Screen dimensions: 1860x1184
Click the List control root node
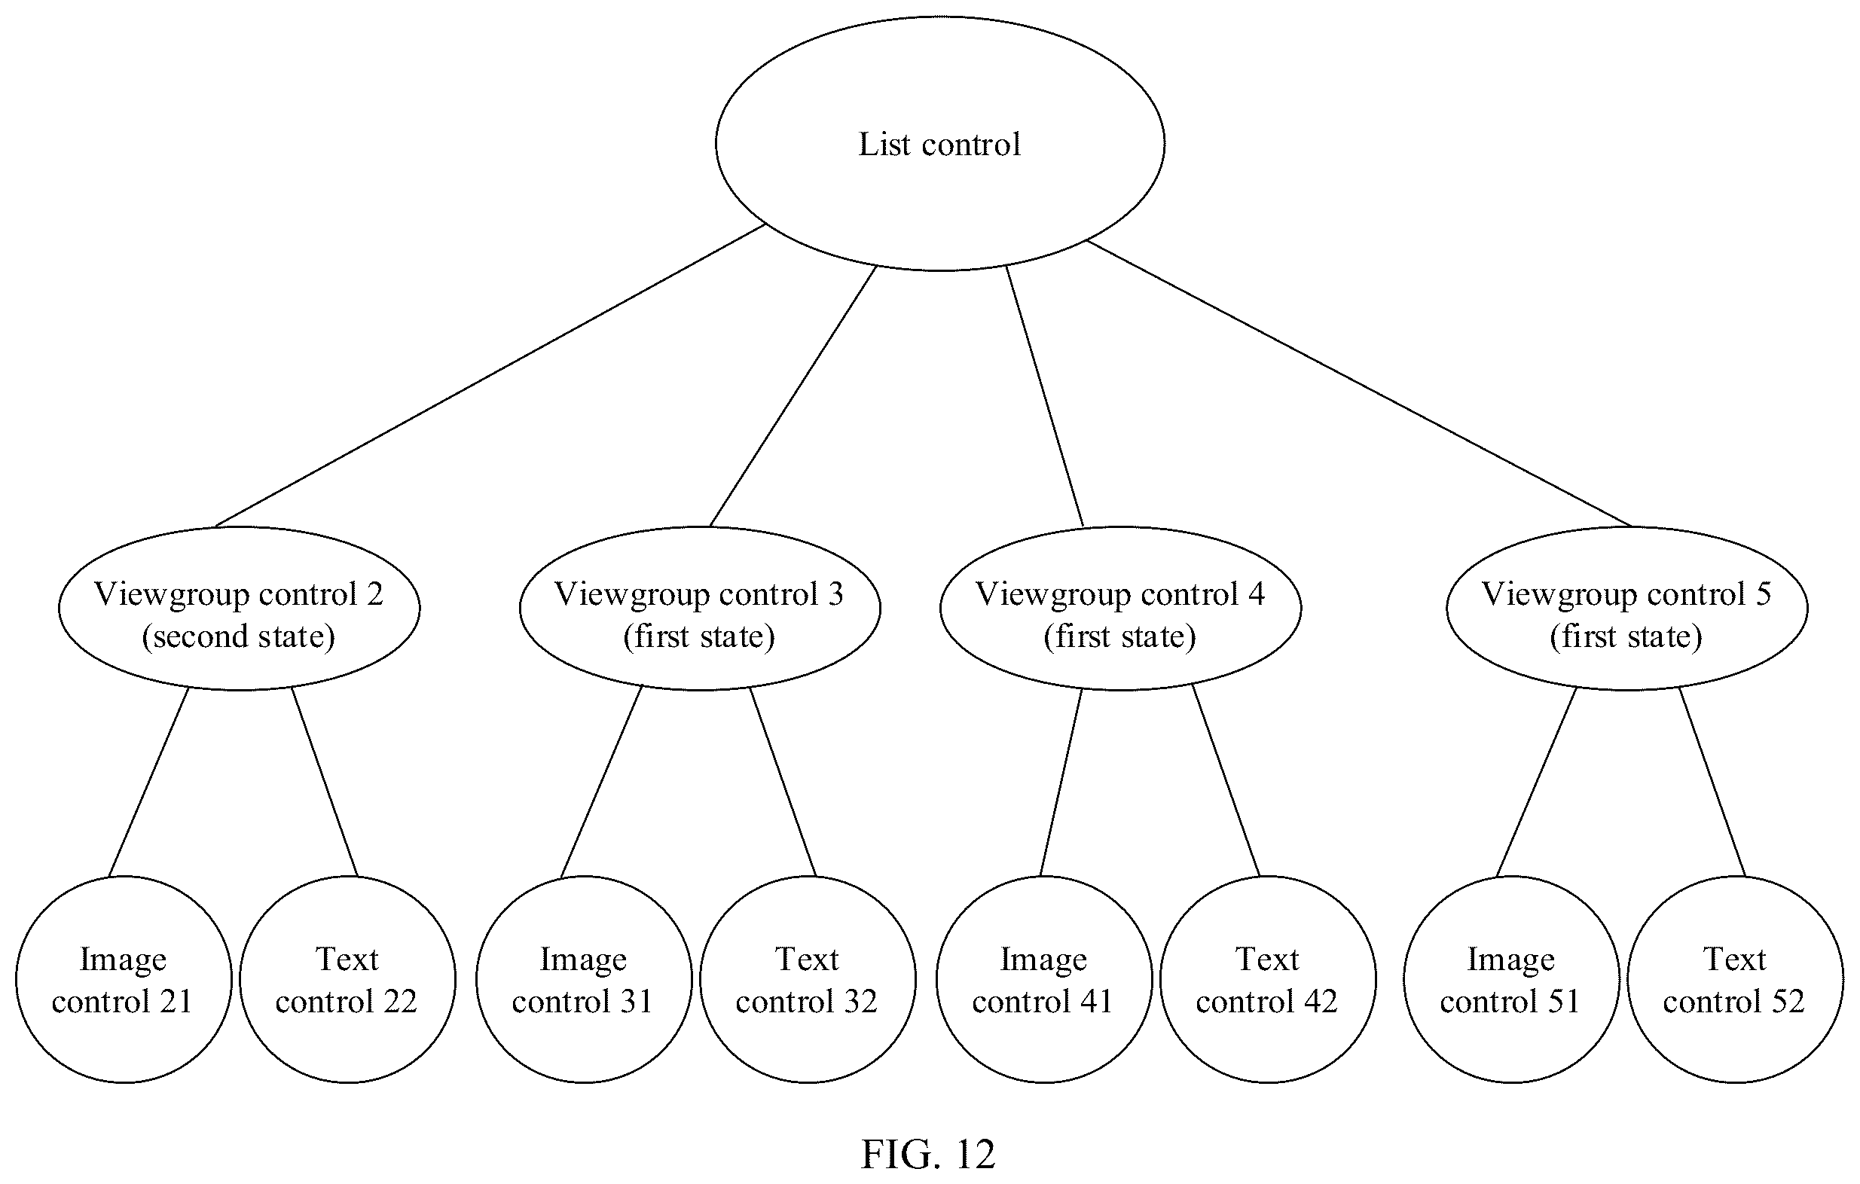click(940, 144)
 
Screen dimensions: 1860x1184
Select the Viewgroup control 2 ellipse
click(240, 609)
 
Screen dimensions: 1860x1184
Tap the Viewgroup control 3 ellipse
click(700, 609)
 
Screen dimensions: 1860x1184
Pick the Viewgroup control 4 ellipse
click(1121, 609)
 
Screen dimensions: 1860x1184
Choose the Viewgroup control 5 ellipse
click(1627, 609)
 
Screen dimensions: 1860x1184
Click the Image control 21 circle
click(124, 979)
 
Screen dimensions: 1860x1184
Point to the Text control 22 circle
click(347, 979)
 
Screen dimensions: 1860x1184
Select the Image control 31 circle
click(584, 979)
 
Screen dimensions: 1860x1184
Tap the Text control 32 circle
click(808, 979)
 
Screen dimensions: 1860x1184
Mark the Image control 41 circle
click(1044, 979)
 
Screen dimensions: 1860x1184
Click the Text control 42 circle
click(1269, 979)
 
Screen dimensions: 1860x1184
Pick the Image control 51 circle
click(1512, 979)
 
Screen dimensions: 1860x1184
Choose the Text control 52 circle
click(1736, 979)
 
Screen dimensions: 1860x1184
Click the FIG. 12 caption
click(928, 1154)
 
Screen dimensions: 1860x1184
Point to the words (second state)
click(239, 636)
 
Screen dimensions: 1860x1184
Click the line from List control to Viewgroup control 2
click(490, 375)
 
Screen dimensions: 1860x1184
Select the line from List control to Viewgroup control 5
click(1360, 384)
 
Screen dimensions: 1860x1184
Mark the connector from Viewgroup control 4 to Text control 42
click(1226, 781)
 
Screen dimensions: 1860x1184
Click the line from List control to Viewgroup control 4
click(1044, 396)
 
